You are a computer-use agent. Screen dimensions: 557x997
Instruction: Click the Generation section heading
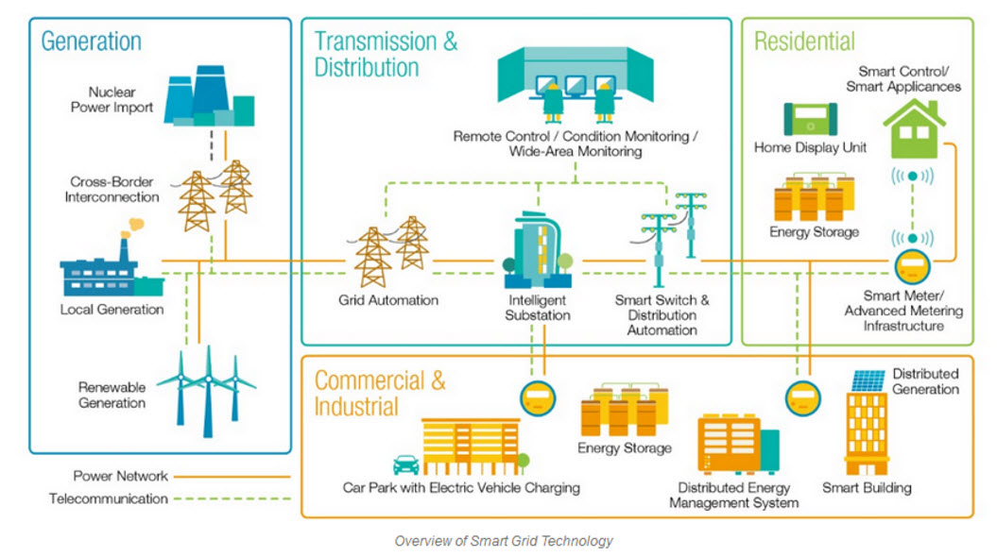[x=91, y=42]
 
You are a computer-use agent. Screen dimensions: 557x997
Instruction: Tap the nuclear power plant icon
[x=208, y=99]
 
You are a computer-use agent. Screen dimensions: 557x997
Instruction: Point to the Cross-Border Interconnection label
[x=112, y=189]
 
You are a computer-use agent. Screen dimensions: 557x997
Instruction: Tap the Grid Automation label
[x=388, y=300]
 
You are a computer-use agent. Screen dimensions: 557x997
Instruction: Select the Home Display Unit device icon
[x=810, y=120]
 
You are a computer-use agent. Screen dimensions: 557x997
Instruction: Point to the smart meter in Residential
[x=912, y=266]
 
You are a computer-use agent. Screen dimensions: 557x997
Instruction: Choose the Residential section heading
[x=804, y=42]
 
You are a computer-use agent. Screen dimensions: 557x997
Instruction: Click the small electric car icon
[x=406, y=464]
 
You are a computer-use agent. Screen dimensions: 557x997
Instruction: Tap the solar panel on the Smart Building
[x=868, y=380]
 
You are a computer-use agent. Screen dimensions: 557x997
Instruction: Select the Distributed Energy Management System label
[x=733, y=496]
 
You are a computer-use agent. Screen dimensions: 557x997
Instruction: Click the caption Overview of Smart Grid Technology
[x=504, y=541]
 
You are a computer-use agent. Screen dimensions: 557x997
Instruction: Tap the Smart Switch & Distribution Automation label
[x=662, y=315]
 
